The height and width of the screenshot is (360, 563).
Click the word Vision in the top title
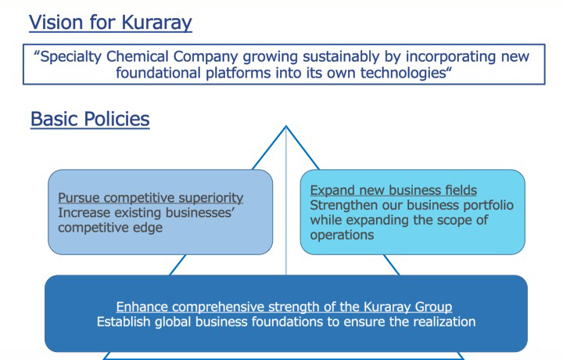(57, 22)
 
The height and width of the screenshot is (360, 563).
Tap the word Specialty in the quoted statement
(71, 57)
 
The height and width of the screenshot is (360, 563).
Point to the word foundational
(158, 73)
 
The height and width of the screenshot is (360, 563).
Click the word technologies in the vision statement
(403, 74)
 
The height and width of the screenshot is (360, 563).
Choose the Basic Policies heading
(90, 119)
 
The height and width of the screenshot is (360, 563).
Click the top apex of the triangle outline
(286, 126)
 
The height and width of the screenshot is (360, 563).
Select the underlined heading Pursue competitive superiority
(150, 197)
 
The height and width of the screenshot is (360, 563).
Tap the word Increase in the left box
(84, 213)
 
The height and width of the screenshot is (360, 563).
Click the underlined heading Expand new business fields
(393, 190)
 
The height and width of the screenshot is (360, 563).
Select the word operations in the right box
(342, 235)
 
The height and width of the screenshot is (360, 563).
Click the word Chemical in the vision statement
(137, 57)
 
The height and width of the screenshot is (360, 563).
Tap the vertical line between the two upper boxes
(286, 200)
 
